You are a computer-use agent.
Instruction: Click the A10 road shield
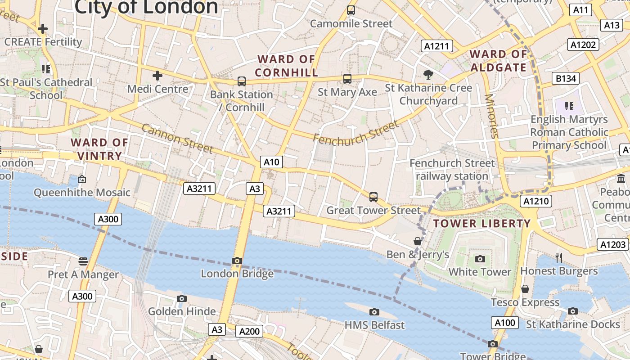click(x=271, y=162)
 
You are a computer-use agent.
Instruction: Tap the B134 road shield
click(x=566, y=79)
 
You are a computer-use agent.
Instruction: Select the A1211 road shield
click(x=437, y=45)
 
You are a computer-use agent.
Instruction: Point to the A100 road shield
click(x=505, y=323)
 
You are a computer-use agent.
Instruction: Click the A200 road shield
click(x=249, y=332)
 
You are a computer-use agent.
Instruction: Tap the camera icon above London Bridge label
click(x=237, y=261)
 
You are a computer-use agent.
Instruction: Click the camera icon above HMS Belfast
click(x=374, y=312)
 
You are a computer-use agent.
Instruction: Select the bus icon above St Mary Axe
click(x=347, y=79)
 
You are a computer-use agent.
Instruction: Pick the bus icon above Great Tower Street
click(x=373, y=197)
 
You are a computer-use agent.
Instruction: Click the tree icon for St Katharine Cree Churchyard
click(x=428, y=74)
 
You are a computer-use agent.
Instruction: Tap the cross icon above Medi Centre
click(x=157, y=76)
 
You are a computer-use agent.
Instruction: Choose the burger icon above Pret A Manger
click(x=83, y=261)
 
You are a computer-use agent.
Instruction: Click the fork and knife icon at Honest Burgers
click(x=559, y=257)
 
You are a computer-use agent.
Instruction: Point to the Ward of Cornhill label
click(x=286, y=66)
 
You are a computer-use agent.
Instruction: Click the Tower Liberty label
click(x=482, y=224)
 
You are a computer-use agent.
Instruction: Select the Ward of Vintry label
click(x=99, y=149)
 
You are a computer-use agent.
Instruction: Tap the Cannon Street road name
click(x=177, y=138)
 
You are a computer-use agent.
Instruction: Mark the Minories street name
click(x=492, y=116)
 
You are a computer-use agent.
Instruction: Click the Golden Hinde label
click(x=182, y=311)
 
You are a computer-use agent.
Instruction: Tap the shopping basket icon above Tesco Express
click(x=525, y=289)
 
